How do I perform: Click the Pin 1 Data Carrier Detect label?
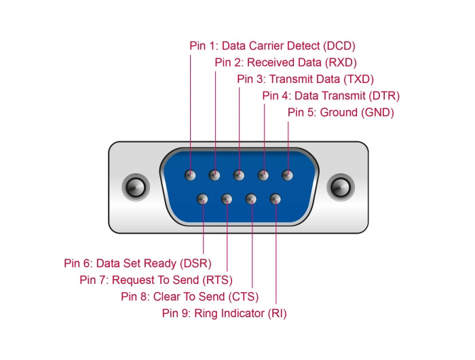coord(272,46)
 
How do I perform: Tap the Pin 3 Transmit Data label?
coord(305,79)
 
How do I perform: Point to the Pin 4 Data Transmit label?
coord(331,95)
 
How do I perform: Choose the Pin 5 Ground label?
coord(341,112)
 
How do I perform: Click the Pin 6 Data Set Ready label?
coord(138,263)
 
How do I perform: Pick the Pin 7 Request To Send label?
coord(156,279)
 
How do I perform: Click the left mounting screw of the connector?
coord(134,186)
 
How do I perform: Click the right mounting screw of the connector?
coord(341,186)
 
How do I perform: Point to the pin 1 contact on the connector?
coord(191,175)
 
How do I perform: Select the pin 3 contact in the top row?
coord(239,175)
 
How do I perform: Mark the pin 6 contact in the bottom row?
coord(203,199)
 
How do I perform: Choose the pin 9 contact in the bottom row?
coord(275,199)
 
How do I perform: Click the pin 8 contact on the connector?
coord(251,199)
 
